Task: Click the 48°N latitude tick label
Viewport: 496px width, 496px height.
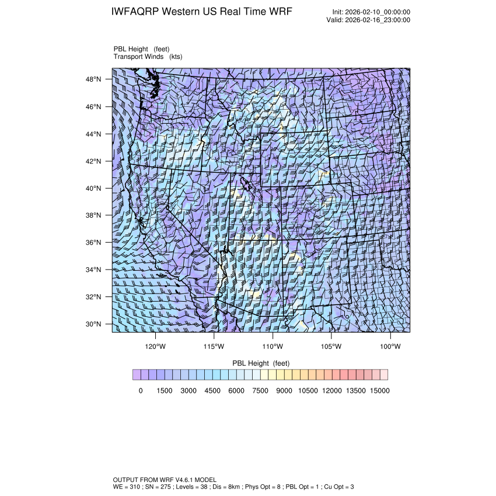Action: coord(95,79)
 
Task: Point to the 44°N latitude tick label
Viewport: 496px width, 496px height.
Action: coord(95,134)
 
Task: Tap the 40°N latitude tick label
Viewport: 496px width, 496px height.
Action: coord(95,188)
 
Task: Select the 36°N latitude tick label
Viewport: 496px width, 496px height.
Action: coord(95,242)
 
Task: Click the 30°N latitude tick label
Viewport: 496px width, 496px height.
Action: coord(95,324)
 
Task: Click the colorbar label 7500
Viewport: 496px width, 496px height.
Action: coord(260,391)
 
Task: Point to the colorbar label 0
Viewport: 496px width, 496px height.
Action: coord(141,391)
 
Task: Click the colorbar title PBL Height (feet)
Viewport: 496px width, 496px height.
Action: coord(261,363)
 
